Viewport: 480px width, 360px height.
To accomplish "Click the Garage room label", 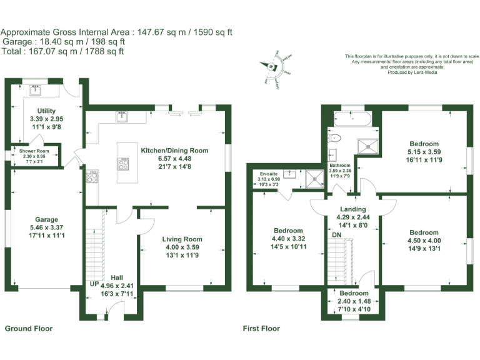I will click(46, 219).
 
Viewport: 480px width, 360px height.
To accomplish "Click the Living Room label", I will click(182, 239).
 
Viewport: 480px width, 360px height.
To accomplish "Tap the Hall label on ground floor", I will click(117, 277).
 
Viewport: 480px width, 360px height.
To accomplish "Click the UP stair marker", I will click(94, 283).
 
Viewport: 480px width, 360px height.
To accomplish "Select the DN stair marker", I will click(336, 234).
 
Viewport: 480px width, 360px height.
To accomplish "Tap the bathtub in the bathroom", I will click(349, 117).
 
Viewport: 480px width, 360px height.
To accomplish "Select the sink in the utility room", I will click(36, 91).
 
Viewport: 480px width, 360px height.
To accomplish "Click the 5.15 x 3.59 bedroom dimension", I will click(424, 151).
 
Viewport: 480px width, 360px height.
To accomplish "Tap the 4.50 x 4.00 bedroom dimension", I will click(424, 239).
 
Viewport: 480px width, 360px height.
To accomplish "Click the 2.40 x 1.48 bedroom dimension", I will click(354, 301).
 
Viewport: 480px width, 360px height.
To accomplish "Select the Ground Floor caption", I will click(29, 328).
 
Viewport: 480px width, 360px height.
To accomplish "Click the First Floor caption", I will click(261, 328).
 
